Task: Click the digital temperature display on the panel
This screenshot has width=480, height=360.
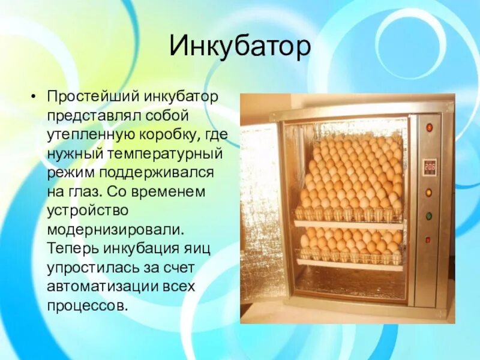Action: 429,166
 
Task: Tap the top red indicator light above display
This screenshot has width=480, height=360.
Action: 429,127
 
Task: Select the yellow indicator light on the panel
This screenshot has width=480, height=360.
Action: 428,193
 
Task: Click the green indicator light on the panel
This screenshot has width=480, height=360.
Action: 428,216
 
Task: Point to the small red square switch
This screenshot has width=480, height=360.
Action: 428,239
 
